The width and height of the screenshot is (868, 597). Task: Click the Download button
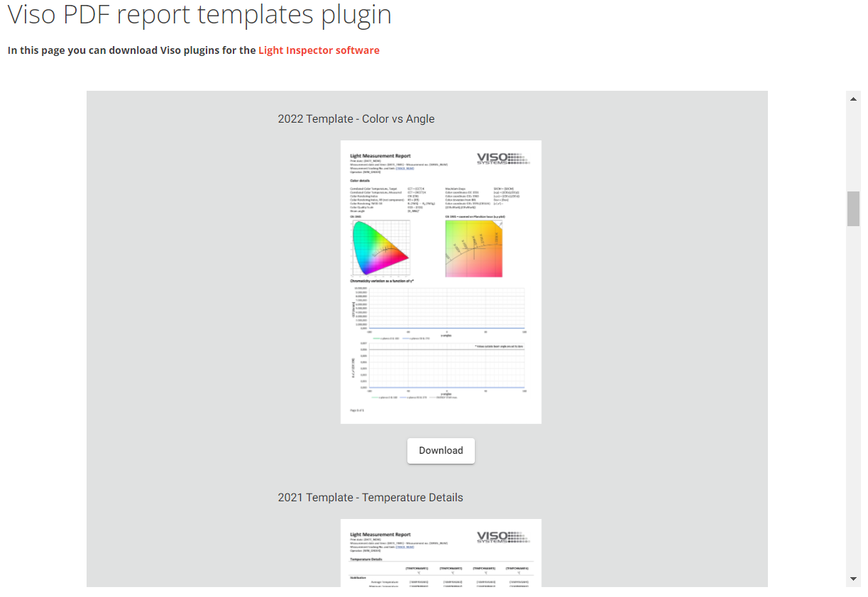[x=441, y=451]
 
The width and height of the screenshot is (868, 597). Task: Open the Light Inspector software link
[x=319, y=50]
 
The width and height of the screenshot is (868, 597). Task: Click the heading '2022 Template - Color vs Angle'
[x=356, y=119]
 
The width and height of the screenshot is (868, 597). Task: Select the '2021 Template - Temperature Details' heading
[x=370, y=498]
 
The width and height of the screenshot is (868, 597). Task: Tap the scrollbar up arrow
[x=853, y=99]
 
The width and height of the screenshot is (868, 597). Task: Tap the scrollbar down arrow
[x=853, y=579]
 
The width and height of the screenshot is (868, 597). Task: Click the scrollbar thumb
[x=853, y=208]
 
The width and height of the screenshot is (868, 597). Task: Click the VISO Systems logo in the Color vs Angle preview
[x=502, y=159]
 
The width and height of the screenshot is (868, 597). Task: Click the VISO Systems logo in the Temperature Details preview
[x=502, y=537]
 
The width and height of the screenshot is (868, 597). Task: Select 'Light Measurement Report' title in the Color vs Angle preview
[x=380, y=156]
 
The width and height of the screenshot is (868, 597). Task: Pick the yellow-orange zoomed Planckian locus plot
[x=473, y=248]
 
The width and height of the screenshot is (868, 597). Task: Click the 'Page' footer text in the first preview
[x=358, y=410]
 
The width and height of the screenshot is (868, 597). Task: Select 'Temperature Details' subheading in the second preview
[x=366, y=559]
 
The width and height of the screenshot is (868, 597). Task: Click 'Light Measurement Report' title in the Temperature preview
[x=380, y=535]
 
